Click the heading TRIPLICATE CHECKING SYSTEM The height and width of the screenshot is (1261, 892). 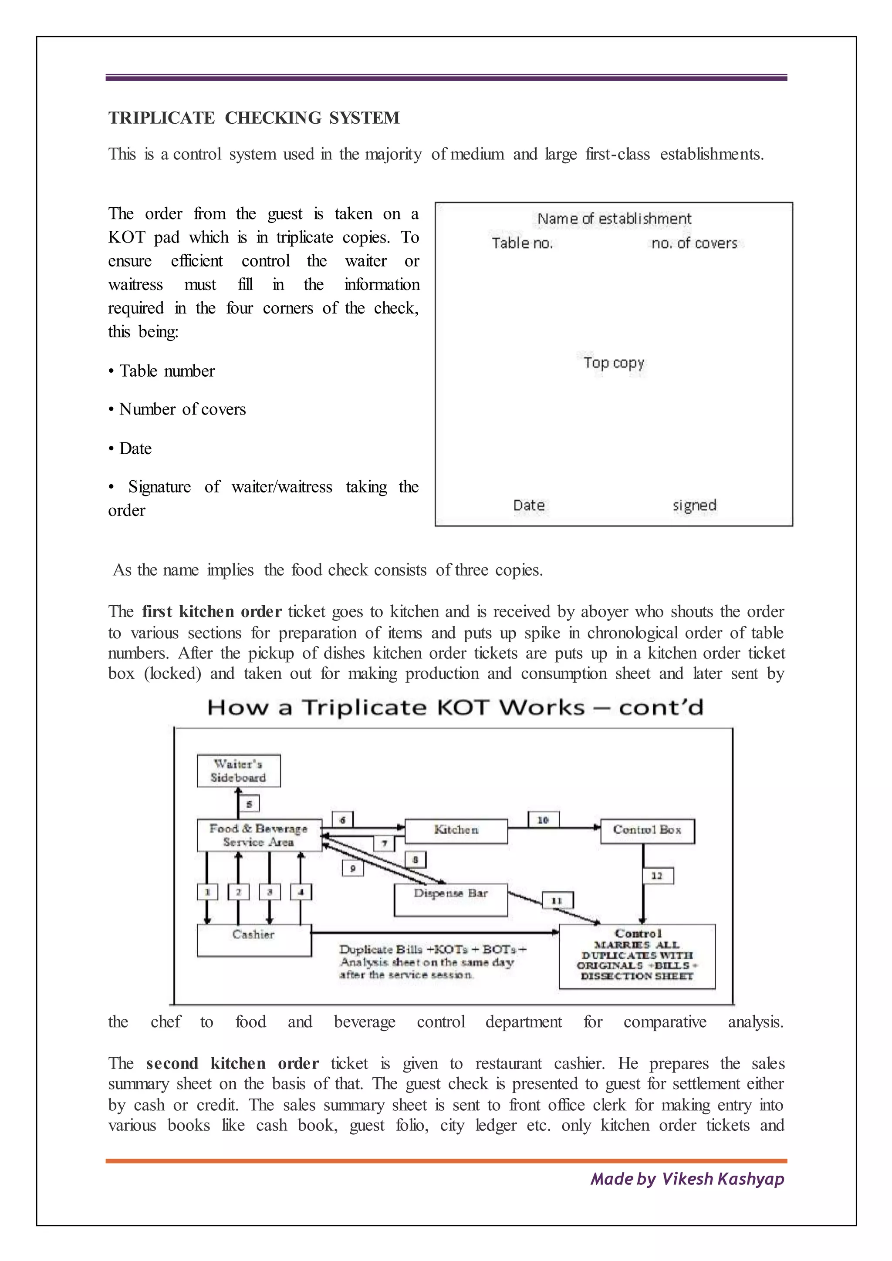(x=254, y=118)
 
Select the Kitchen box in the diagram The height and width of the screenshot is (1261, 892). (x=456, y=831)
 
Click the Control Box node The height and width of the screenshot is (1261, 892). (x=647, y=831)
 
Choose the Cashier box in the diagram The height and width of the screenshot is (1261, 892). (x=254, y=940)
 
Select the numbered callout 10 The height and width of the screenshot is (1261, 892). (x=543, y=820)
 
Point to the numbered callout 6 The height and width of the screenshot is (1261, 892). (x=343, y=820)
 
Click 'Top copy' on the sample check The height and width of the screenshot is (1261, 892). (x=614, y=363)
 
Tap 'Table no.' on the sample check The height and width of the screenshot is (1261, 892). (x=522, y=243)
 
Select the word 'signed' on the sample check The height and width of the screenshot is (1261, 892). (x=694, y=505)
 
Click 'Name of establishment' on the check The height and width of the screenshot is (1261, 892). (x=614, y=219)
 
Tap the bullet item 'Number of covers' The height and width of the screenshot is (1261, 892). (x=182, y=410)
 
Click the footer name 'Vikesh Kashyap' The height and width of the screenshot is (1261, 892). (x=723, y=1179)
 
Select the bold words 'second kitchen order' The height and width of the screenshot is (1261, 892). (x=232, y=1063)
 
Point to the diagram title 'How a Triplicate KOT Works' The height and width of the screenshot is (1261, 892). (x=395, y=708)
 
